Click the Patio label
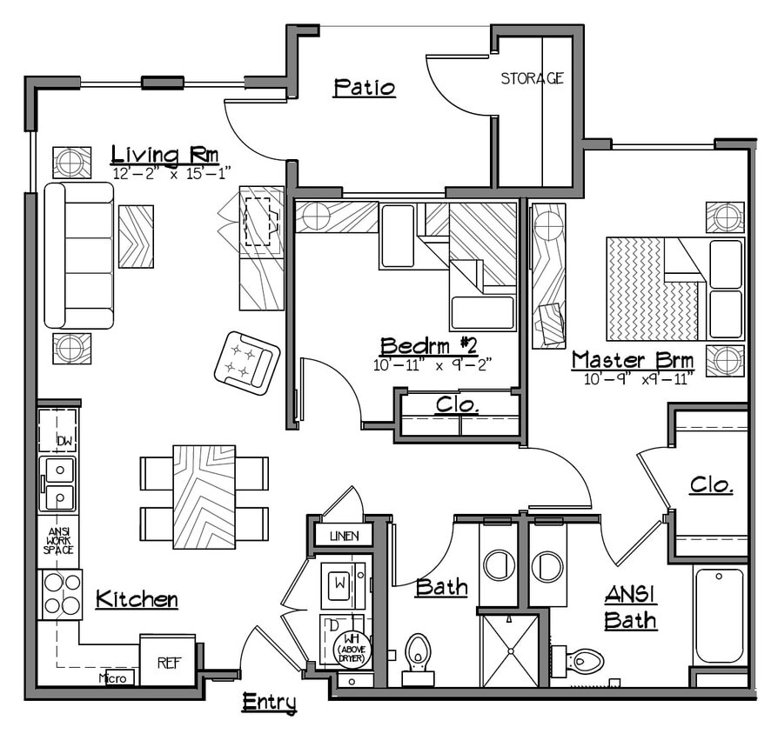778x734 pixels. (365, 88)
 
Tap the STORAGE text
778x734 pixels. (532, 78)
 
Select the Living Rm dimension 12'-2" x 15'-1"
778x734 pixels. (171, 173)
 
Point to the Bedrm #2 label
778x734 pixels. (429, 345)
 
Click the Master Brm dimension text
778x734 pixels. (640, 377)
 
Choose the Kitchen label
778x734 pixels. (137, 599)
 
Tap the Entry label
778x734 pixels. (269, 702)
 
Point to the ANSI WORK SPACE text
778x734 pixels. (58, 540)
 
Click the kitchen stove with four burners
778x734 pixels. (60, 594)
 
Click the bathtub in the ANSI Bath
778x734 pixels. (719, 615)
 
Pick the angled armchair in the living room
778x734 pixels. (247, 363)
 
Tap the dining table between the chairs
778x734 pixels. (204, 497)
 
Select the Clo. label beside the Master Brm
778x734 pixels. (711, 485)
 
